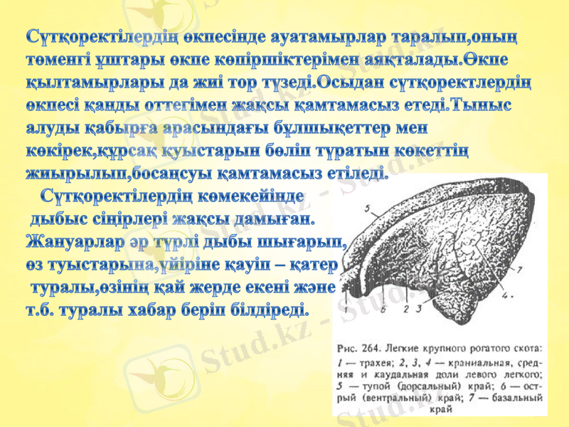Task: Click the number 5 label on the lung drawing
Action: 367,209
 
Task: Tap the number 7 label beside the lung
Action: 520,269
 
